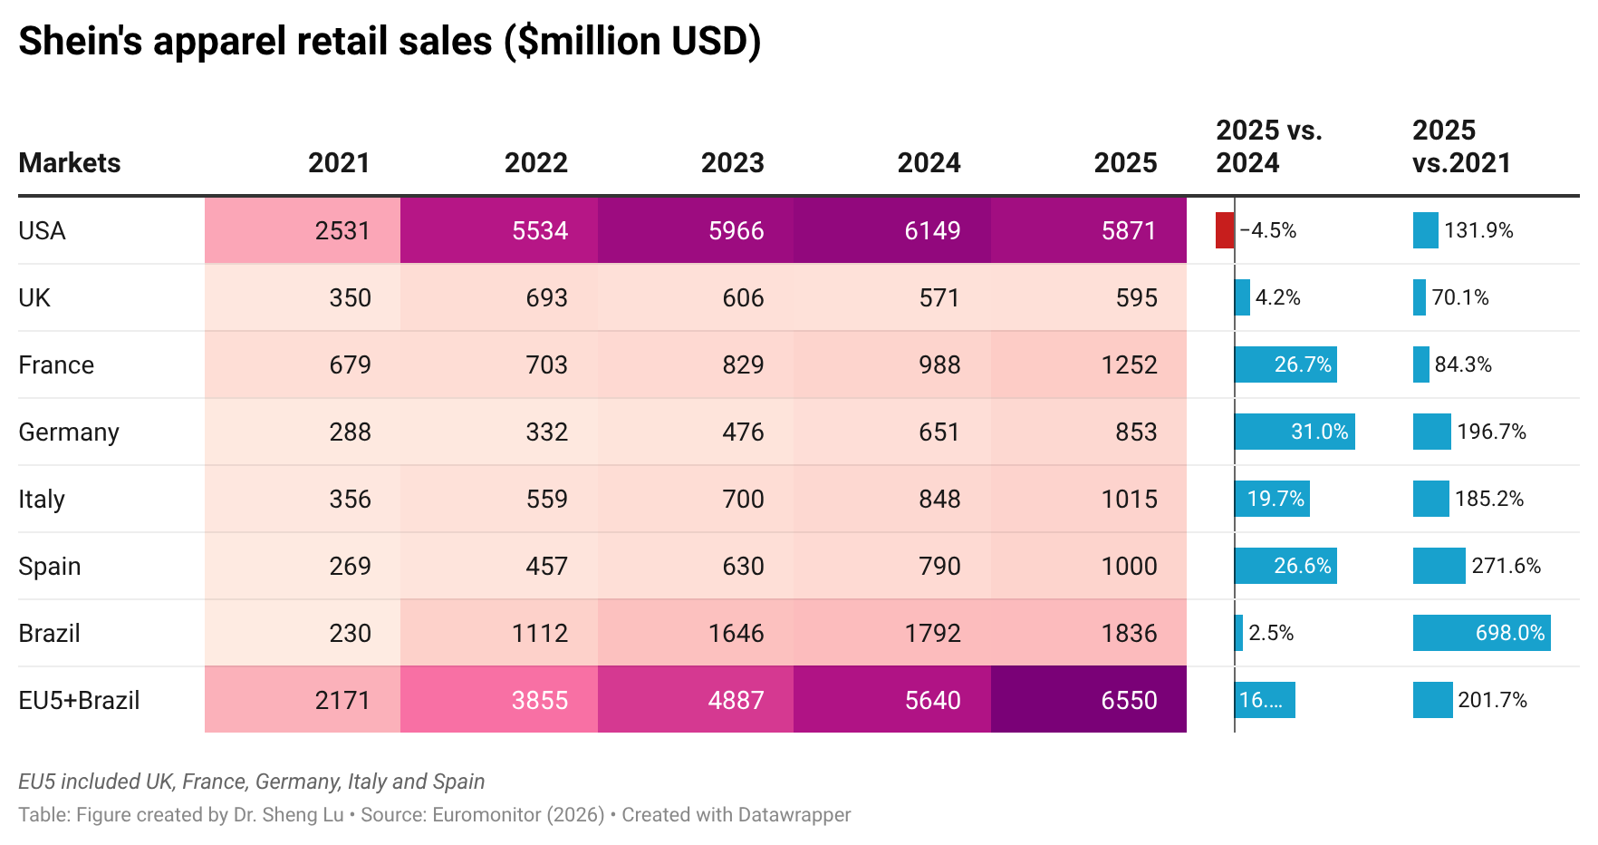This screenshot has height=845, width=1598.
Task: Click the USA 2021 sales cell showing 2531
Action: (x=303, y=230)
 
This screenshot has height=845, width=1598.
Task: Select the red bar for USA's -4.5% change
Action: (x=1225, y=230)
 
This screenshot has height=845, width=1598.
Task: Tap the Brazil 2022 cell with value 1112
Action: (x=499, y=633)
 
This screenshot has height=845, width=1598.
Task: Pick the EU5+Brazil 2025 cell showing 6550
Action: (x=1089, y=700)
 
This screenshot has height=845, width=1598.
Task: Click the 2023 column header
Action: (x=732, y=163)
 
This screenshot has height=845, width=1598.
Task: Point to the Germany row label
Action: (x=69, y=432)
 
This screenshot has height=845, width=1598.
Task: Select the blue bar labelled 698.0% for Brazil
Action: (x=1481, y=633)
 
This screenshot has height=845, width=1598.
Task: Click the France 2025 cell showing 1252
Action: (x=1089, y=364)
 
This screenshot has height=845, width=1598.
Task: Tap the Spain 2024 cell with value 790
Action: (x=892, y=566)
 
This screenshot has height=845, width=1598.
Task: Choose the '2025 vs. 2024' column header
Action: (x=1268, y=147)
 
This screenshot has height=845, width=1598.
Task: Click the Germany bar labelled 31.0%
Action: (x=1295, y=432)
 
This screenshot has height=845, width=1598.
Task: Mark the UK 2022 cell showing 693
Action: (x=499, y=297)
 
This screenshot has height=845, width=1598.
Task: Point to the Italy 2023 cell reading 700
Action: (x=696, y=499)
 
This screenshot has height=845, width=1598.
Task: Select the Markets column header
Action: (x=70, y=163)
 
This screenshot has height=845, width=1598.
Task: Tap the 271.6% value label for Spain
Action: (x=1506, y=566)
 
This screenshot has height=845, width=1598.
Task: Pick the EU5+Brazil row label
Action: (x=79, y=701)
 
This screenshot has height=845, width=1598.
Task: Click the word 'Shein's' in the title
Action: (x=81, y=41)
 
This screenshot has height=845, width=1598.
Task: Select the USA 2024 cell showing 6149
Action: (x=892, y=230)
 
